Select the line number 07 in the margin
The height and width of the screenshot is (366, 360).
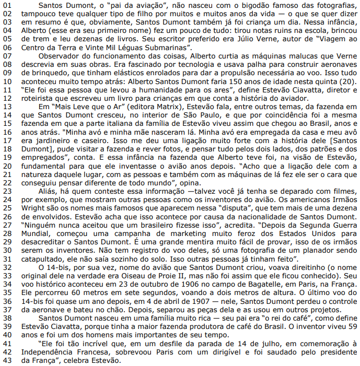click(7, 55)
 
